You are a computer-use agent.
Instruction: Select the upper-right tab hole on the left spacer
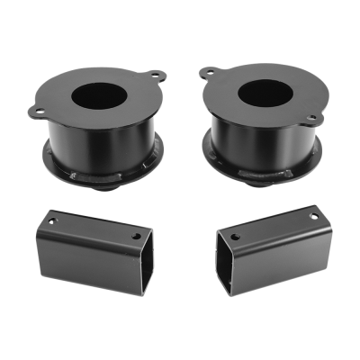pyautogui.click(x=158, y=75)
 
